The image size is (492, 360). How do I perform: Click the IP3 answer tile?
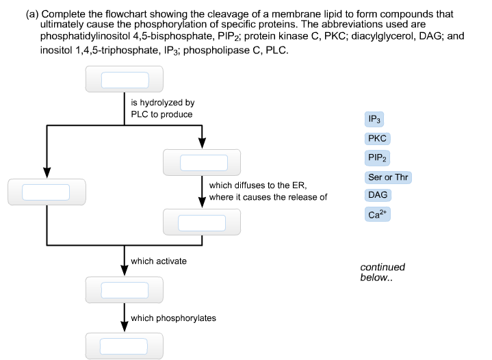click(374, 119)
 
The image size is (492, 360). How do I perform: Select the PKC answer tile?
click(377, 138)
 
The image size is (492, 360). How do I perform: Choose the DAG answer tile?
click(378, 196)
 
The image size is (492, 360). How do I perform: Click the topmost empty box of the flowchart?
click(124, 80)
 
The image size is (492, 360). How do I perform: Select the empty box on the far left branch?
click(46, 192)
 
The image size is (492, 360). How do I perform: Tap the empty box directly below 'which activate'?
click(124, 290)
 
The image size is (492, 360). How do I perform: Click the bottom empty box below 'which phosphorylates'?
click(124, 346)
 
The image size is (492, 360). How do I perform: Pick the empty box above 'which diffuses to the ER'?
click(203, 162)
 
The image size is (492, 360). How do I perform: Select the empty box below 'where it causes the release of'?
click(203, 222)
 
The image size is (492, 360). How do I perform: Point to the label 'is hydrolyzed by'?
click(157, 103)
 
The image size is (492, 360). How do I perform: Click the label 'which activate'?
click(158, 261)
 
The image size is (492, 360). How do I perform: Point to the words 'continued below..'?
click(382, 272)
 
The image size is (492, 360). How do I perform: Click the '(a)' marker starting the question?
click(32, 14)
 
